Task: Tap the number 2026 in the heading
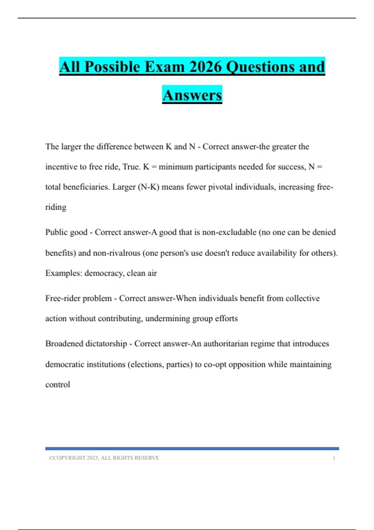click(205, 67)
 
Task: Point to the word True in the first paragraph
click(131, 167)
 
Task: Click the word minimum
click(175, 167)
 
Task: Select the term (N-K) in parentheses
click(148, 187)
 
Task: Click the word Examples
click(64, 273)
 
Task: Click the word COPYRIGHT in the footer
click(69, 458)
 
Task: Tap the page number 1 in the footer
click(334, 458)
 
